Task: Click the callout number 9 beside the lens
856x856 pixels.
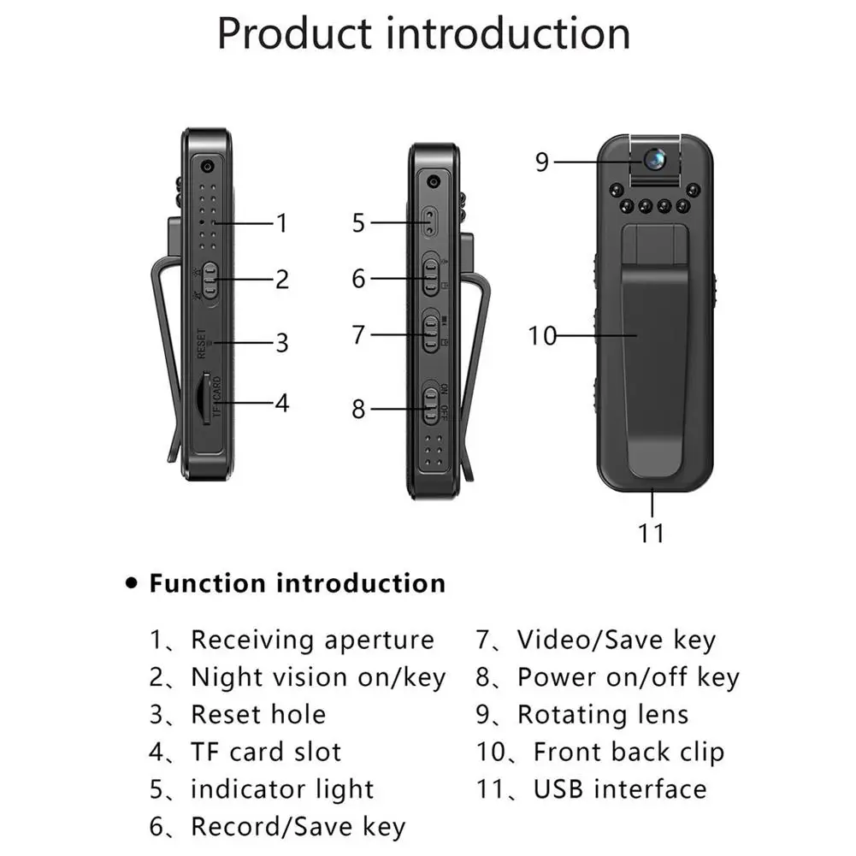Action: point(541,162)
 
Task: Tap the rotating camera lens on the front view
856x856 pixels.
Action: point(654,159)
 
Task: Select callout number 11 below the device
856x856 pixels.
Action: point(651,533)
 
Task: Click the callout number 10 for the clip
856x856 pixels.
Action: point(542,336)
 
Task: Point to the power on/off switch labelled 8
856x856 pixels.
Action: point(431,406)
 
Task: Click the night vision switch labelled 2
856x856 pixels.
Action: point(210,280)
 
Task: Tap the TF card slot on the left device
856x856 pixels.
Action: point(205,398)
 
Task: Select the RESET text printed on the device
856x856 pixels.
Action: point(202,344)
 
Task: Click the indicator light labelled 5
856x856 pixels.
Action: point(431,222)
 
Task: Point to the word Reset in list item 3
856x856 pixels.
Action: point(227,715)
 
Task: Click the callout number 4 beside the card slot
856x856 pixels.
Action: point(281,404)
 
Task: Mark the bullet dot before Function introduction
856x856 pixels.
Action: point(132,583)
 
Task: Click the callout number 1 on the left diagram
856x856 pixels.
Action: point(281,223)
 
